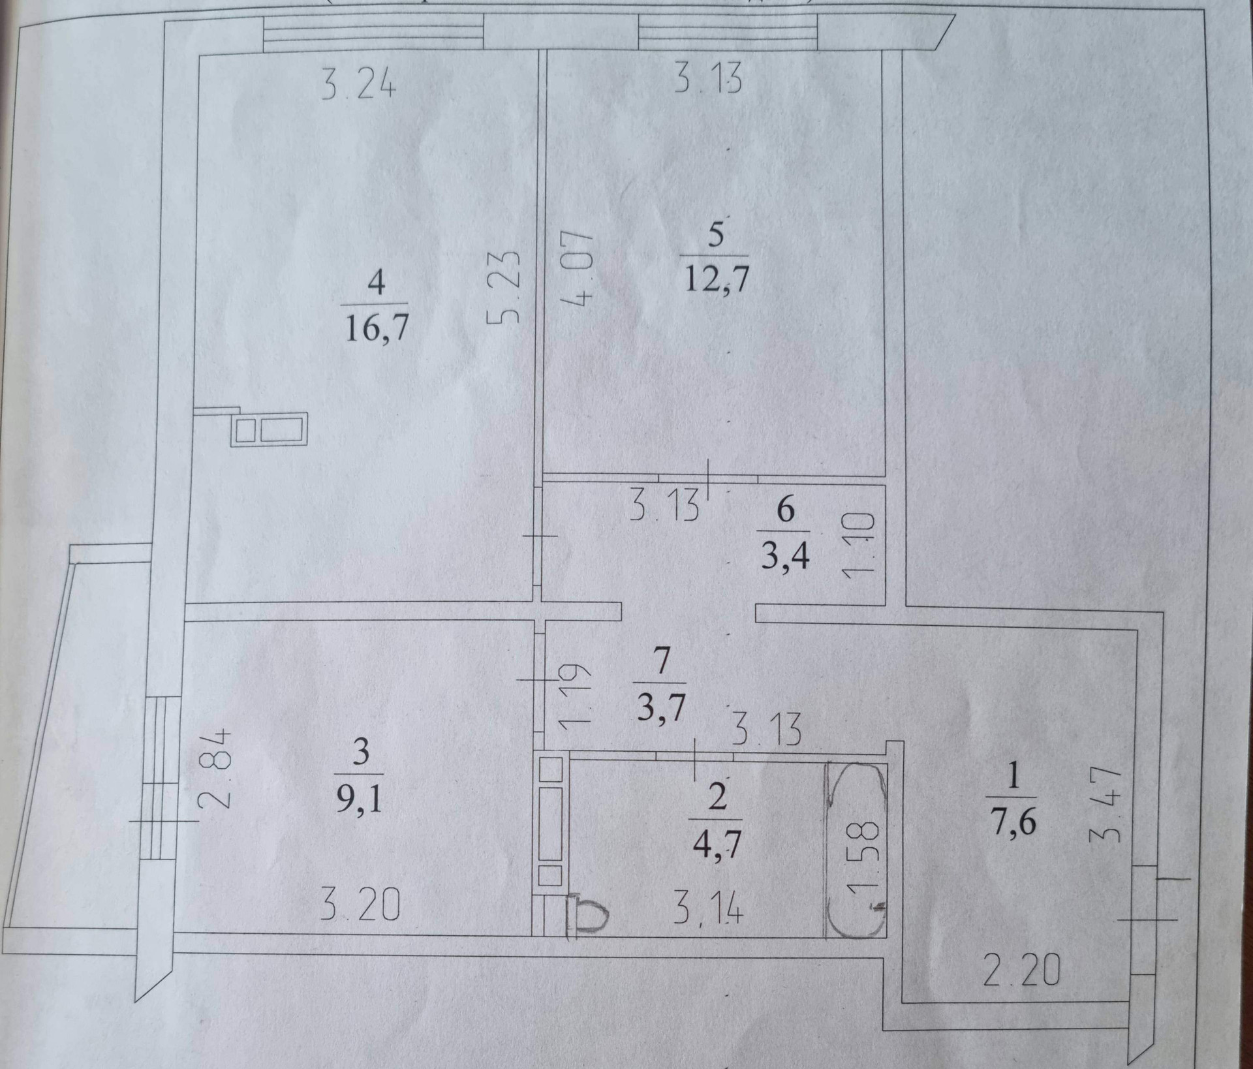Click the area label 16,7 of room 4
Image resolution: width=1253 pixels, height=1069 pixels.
(x=376, y=327)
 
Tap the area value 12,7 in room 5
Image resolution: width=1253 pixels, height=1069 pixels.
(x=716, y=279)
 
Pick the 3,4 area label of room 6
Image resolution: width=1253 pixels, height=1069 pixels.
(x=785, y=556)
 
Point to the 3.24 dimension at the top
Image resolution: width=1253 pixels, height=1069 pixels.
(x=358, y=84)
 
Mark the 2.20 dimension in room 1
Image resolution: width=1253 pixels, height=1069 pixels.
(x=1021, y=970)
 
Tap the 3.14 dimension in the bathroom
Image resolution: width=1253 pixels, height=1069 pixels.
(x=707, y=909)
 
